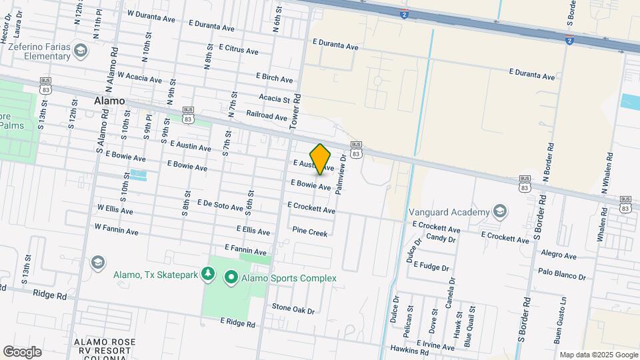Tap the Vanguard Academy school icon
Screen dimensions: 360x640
coord(499,212)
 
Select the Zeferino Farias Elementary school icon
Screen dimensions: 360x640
coord(81,51)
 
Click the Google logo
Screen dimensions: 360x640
coord(22,352)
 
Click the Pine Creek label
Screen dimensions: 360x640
coord(310,233)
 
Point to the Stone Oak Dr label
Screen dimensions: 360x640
coord(293,308)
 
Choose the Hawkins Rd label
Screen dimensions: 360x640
coord(409,349)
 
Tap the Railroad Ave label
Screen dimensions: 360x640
coord(267,116)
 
